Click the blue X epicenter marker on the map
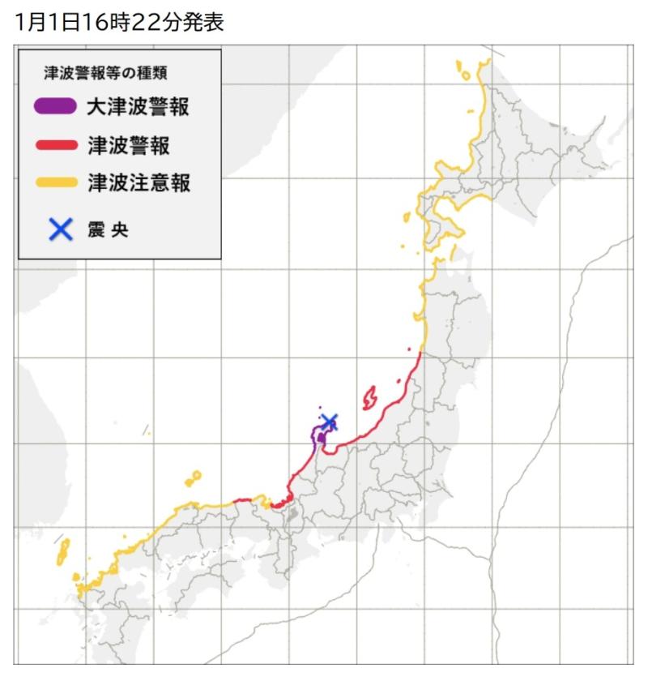click(329, 422)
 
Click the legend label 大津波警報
click(138, 106)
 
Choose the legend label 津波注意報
click(138, 184)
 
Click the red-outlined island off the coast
click(369, 397)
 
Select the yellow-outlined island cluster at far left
click(62, 552)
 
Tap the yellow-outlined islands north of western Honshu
click(193, 478)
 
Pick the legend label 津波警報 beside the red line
click(127, 146)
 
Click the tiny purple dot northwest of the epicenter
click(320, 409)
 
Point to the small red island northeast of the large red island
click(399, 381)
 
